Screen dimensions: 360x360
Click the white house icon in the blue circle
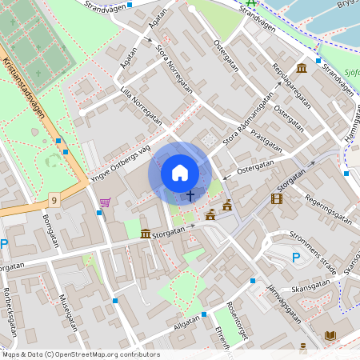pyautogui.click(x=180, y=173)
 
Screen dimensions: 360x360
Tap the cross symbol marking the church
pyautogui.click(x=190, y=194)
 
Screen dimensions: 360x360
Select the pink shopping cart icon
pyautogui.click(x=105, y=202)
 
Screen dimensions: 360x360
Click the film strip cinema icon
pyautogui.click(x=277, y=198)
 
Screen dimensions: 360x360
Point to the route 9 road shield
pyautogui.click(x=54, y=198)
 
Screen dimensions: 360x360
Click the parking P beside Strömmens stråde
pyautogui.click(x=296, y=257)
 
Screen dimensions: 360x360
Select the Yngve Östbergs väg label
pyautogui.click(x=120, y=165)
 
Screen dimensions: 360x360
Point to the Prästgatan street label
pyautogui.click(x=266, y=139)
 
